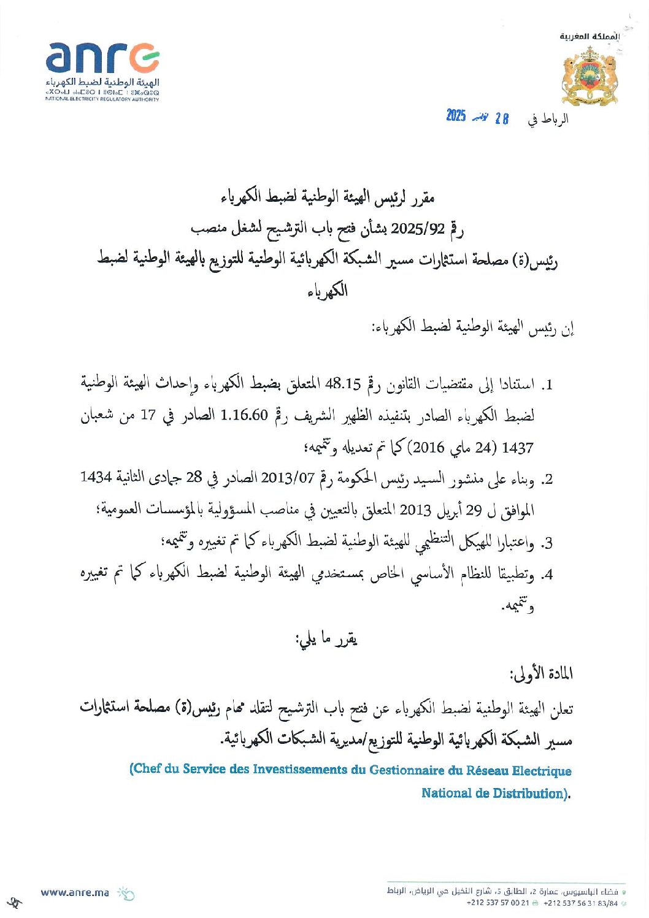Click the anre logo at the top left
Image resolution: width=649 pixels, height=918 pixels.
[x=102, y=59]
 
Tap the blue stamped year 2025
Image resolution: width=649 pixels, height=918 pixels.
[x=456, y=116]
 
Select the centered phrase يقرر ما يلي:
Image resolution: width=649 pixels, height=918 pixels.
[x=326, y=640]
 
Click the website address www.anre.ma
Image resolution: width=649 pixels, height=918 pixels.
[x=74, y=892]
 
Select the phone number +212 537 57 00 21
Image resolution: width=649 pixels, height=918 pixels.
[x=497, y=903]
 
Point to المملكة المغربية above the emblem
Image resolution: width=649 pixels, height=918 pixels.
[x=589, y=37]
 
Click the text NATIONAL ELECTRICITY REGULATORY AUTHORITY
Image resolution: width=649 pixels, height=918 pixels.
[x=102, y=99]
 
